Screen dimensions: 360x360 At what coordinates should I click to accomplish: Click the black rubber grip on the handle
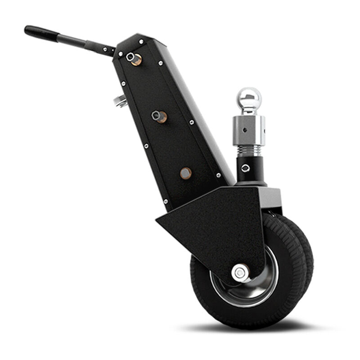(x=40, y=32)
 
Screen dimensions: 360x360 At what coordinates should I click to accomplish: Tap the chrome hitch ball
(x=249, y=99)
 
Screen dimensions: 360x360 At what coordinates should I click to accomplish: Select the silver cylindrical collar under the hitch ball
(x=249, y=128)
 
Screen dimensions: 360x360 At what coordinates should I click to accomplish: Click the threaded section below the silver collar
(x=249, y=149)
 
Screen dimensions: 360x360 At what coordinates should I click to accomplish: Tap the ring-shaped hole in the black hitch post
(x=245, y=168)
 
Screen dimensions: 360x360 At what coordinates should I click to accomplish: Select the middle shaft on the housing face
(x=159, y=117)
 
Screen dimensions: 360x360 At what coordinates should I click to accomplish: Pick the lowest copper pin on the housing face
(x=185, y=173)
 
